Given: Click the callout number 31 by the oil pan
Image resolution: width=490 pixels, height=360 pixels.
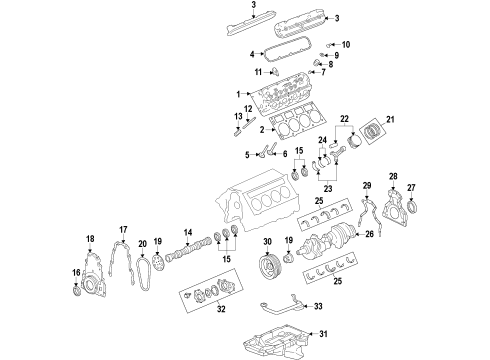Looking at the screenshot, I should tap(322, 335).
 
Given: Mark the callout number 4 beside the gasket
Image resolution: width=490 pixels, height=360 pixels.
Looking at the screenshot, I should tap(249, 48).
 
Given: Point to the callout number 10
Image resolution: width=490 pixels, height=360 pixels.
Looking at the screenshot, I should tap(347, 45).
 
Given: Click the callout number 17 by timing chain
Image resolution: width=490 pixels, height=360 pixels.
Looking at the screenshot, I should tap(124, 229).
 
